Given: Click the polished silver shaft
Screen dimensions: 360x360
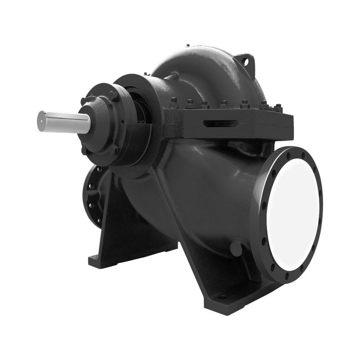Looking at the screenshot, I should point(63,120).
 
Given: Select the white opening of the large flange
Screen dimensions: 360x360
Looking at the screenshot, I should point(293,211).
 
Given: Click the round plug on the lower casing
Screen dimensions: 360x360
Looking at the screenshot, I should point(235,247).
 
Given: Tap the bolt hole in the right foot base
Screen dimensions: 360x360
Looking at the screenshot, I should point(221,297).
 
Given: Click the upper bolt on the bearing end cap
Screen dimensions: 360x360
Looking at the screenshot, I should point(112,96).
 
